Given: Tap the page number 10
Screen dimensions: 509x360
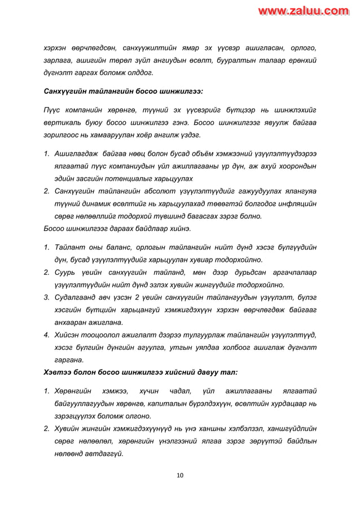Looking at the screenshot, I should (180, 475).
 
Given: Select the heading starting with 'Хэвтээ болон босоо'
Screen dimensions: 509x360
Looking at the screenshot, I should (141, 372).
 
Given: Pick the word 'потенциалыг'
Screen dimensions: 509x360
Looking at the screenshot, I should (134, 178).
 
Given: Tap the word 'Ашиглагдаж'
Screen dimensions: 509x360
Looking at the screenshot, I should (77, 154).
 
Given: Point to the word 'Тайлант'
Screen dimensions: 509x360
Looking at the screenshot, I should (71, 248).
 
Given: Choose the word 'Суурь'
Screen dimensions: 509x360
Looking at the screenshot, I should (66, 273).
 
